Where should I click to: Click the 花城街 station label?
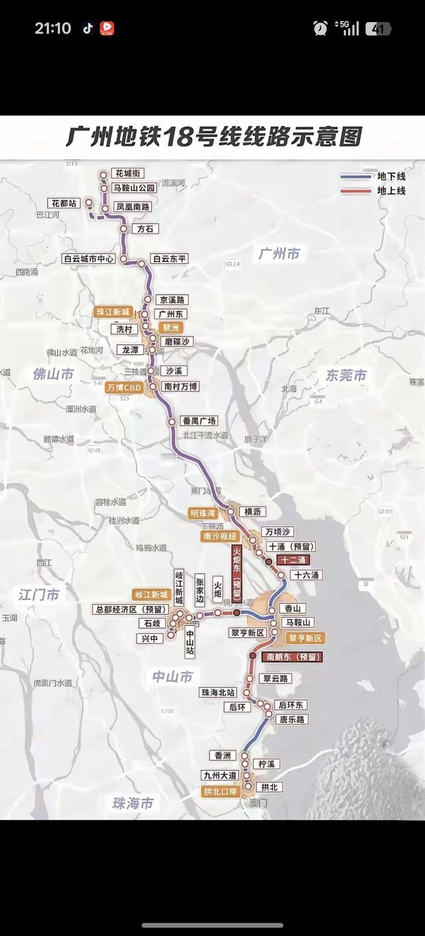tap(128, 173)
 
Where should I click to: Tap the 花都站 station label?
tap(64, 203)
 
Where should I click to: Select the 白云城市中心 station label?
tap(89, 259)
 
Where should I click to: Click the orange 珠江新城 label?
tap(113, 312)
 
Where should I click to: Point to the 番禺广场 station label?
tap(199, 421)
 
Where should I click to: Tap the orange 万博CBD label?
tap(124, 388)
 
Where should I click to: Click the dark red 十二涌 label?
tap(293, 560)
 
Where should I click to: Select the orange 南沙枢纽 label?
tap(220, 536)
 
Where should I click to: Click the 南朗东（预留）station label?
tap(292, 657)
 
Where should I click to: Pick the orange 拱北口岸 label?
tap(220, 791)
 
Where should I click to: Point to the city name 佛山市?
tap(53, 374)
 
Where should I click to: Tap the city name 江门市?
tap(39, 594)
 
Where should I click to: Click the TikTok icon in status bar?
tap(88, 28)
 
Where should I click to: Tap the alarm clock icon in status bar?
tap(320, 28)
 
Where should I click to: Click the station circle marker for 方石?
tap(124, 229)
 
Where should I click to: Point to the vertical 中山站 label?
tap(190, 642)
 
